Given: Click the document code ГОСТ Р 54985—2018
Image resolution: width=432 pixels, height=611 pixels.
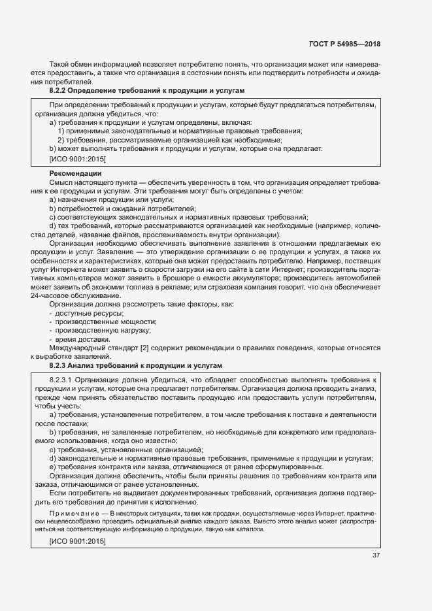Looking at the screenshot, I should pos(344,44).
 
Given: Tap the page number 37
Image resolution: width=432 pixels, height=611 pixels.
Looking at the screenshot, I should pos(376,555).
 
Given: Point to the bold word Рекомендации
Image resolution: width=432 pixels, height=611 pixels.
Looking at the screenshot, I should pos(71,173).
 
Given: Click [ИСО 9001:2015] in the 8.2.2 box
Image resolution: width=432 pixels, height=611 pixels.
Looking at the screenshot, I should pos(77,158).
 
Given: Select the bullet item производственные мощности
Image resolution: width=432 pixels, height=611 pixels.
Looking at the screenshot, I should pos(105,322).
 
